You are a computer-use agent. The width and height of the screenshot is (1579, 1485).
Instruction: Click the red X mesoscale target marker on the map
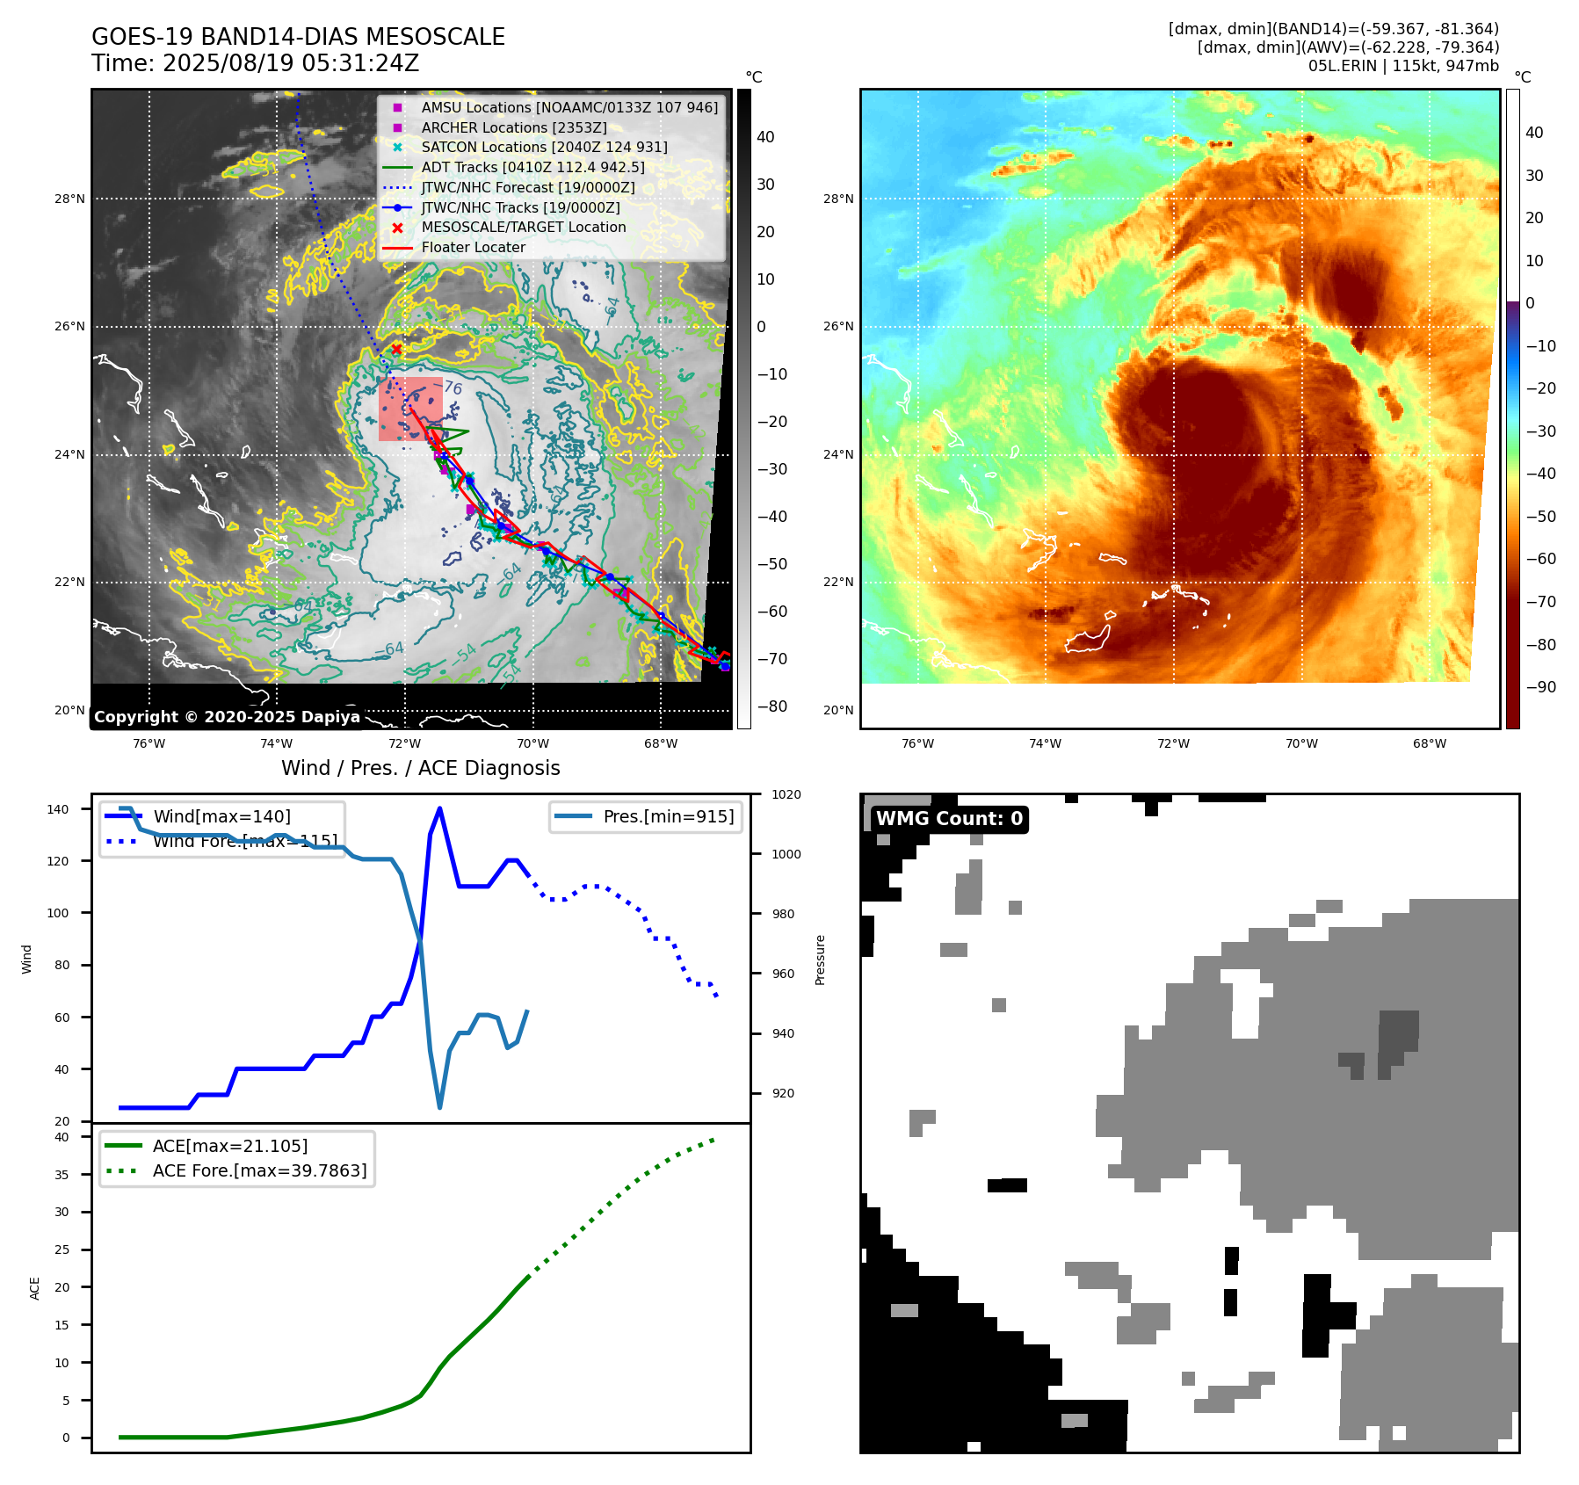click(396, 349)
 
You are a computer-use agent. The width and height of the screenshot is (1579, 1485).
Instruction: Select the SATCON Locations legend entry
click(544, 147)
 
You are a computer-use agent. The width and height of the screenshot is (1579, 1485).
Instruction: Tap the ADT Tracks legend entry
click(532, 167)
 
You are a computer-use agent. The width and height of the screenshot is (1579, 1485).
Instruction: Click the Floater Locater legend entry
click(473, 247)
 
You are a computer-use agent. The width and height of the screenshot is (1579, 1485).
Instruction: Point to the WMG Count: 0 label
click(949, 819)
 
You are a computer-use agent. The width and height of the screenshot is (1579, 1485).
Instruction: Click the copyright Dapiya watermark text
click(227, 717)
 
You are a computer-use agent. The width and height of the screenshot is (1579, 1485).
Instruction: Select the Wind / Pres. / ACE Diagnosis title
click(420, 768)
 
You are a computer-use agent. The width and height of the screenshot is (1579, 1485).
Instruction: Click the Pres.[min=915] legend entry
click(668, 816)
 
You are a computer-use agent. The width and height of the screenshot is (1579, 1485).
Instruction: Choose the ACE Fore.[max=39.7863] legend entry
click(259, 1170)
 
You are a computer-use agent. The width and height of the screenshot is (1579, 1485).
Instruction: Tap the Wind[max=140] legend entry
click(221, 816)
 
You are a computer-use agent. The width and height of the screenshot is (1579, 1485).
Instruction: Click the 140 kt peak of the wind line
click(439, 808)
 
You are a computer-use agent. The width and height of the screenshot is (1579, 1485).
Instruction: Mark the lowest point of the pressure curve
click(439, 1107)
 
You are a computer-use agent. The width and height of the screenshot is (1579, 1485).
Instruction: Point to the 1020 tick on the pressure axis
click(786, 794)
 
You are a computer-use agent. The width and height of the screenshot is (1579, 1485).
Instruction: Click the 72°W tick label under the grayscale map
click(404, 743)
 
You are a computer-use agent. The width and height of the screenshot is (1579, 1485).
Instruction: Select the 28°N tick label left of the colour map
click(838, 199)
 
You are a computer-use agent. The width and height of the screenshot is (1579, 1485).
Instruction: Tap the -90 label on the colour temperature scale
click(1540, 687)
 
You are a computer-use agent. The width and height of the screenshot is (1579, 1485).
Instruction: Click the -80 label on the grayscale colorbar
click(772, 706)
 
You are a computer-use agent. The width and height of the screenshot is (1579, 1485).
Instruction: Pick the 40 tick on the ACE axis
click(62, 1137)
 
